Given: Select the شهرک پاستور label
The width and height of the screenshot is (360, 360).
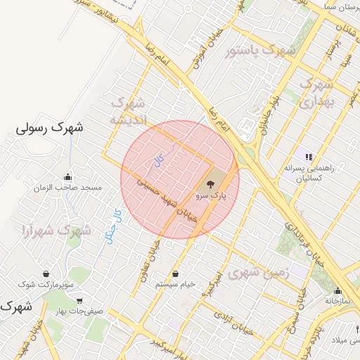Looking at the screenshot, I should point(259,51).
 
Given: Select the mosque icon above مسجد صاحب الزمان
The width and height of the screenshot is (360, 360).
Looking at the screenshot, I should point(67,177).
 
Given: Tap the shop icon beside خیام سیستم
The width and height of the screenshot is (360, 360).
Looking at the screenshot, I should point(175,274).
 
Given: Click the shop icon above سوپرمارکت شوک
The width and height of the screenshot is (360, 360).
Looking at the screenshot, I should point(46,274).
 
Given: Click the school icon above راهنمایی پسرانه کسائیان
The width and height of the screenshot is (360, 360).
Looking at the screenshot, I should point(307,156).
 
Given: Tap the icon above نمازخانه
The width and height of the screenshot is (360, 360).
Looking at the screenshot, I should point(338,291).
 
